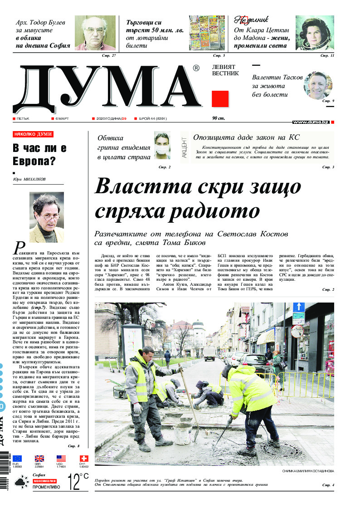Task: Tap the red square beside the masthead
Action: coord(220,98)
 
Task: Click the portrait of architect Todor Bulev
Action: coord(95,33)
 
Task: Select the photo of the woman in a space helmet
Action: coord(315,33)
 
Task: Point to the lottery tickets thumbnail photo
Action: coord(207,33)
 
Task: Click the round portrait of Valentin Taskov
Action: coord(317,85)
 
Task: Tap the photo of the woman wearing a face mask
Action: coord(162,145)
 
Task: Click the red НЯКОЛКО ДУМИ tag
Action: coord(34,135)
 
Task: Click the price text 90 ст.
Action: coord(219,119)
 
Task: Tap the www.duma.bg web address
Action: coord(311,122)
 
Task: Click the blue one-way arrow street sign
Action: coord(298,307)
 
